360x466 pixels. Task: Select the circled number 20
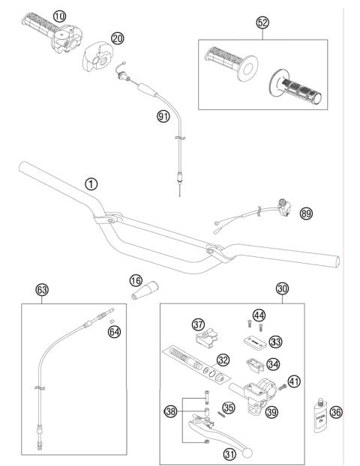[x=116, y=38]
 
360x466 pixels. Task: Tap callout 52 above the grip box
[x=262, y=23]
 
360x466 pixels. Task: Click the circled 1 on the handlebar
[x=91, y=183]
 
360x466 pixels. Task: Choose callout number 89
[x=306, y=214]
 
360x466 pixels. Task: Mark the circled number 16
[x=135, y=279]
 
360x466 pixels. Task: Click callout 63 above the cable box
[x=43, y=289]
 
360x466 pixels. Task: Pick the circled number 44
[x=259, y=315]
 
